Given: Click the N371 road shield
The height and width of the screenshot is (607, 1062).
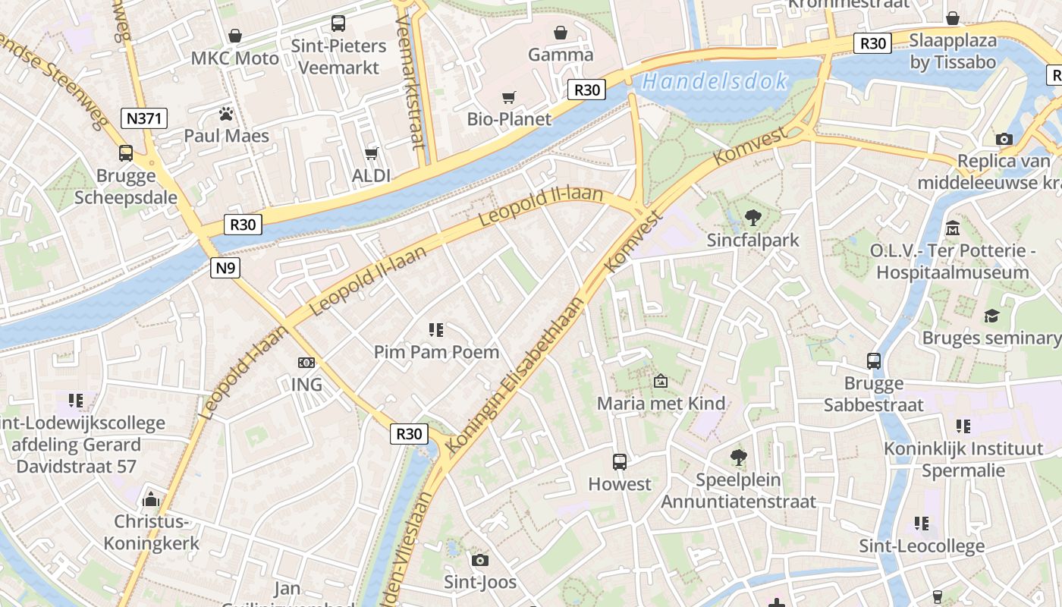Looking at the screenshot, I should [x=143, y=118].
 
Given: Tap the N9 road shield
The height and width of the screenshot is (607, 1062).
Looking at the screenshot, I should [x=225, y=267].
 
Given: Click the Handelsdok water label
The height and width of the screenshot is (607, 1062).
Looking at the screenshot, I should [x=714, y=82].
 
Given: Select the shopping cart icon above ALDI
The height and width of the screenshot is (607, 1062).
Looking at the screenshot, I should [x=371, y=154].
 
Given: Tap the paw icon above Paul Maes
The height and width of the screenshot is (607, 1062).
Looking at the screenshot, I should [x=225, y=115].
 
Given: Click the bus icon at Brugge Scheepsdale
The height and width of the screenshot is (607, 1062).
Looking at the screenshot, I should [x=126, y=153].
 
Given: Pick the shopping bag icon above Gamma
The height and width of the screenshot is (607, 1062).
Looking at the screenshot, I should [x=560, y=33].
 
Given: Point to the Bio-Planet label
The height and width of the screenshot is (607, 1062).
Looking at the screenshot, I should [x=509, y=119].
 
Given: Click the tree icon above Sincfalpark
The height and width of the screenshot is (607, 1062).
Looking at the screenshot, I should [x=753, y=218].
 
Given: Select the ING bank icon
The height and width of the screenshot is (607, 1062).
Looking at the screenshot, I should [x=306, y=363].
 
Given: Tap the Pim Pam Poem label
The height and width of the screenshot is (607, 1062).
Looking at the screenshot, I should [x=436, y=352].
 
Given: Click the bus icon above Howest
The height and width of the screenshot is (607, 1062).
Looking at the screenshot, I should [x=619, y=461].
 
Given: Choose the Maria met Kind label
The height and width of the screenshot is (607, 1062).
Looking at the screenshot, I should [x=661, y=403].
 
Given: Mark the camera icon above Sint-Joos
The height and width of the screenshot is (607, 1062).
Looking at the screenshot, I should [x=479, y=560].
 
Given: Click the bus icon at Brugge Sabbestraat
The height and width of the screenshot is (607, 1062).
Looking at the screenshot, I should [x=874, y=361].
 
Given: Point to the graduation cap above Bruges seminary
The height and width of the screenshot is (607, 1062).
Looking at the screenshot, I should [x=991, y=316].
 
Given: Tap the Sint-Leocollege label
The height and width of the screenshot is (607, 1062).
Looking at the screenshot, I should [x=922, y=546].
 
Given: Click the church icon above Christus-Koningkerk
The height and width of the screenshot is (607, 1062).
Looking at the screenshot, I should [x=151, y=499].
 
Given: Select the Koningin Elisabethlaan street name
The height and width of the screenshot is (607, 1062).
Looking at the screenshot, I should [x=516, y=376].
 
